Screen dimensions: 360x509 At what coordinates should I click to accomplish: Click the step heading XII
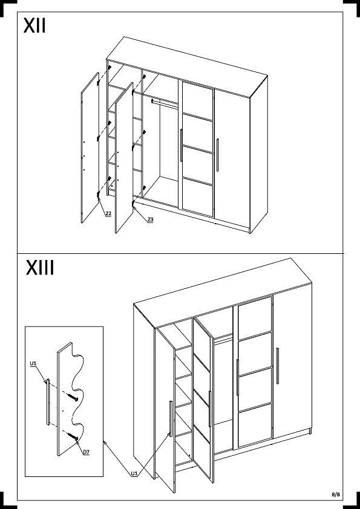click(34, 25)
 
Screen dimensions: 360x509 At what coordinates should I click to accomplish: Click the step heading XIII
click(40, 268)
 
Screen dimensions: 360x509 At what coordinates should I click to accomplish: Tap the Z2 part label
click(108, 213)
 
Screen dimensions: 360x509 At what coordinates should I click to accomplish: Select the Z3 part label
click(150, 220)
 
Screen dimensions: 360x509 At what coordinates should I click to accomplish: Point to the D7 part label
click(86, 452)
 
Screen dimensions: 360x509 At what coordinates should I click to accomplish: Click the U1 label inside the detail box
click(33, 363)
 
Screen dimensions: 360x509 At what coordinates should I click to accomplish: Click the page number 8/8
click(336, 494)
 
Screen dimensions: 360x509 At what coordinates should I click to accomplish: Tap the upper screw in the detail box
click(73, 397)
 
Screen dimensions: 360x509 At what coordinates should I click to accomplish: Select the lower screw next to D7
click(73, 436)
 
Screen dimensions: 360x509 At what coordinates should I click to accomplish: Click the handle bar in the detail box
click(48, 401)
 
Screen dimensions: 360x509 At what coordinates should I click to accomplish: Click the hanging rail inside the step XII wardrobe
click(165, 103)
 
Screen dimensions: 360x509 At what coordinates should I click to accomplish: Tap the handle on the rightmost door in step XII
click(217, 155)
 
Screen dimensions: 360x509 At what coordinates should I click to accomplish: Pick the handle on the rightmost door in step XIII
click(277, 366)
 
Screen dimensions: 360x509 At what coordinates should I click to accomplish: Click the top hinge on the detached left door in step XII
click(98, 83)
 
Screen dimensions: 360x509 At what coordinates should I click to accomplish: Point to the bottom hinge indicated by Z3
click(133, 204)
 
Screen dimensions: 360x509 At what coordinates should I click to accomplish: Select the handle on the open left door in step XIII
click(170, 419)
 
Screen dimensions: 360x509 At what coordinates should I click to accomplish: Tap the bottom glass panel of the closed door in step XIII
click(255, 425)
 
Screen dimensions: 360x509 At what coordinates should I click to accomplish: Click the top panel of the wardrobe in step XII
click(187, 67)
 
